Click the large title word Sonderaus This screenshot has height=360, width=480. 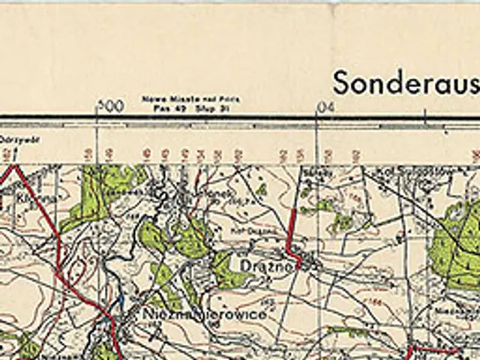click(406, 82)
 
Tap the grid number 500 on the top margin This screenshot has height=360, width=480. click(110, 106)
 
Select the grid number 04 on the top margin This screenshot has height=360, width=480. click(325, 107)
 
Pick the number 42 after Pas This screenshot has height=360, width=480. click(169, 107)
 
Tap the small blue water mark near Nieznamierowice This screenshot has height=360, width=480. click(121, 301)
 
